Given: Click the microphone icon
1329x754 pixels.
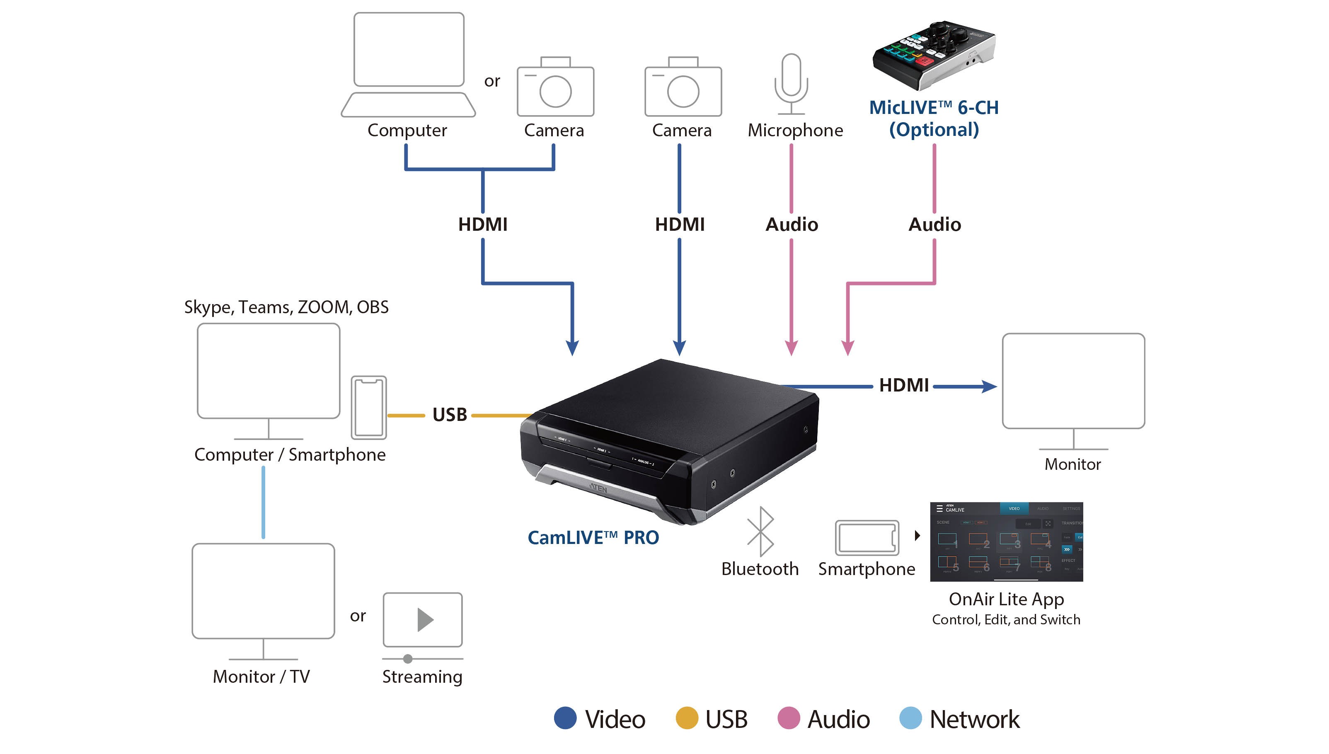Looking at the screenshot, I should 791,83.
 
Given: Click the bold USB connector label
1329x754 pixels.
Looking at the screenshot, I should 450,415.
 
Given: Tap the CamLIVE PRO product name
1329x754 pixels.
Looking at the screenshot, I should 593,538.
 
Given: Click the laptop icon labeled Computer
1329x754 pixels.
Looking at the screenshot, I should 408,65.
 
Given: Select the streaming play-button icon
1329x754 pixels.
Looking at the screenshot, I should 423,620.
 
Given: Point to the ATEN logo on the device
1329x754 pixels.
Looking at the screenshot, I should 598,488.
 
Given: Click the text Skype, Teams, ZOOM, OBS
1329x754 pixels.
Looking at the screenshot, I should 286,307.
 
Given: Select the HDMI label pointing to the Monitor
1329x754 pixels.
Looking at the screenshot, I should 904,385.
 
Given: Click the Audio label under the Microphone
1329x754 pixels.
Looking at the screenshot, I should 792,224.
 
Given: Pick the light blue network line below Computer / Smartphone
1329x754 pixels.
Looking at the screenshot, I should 263,502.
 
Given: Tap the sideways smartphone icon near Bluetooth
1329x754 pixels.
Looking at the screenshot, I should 867,538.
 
